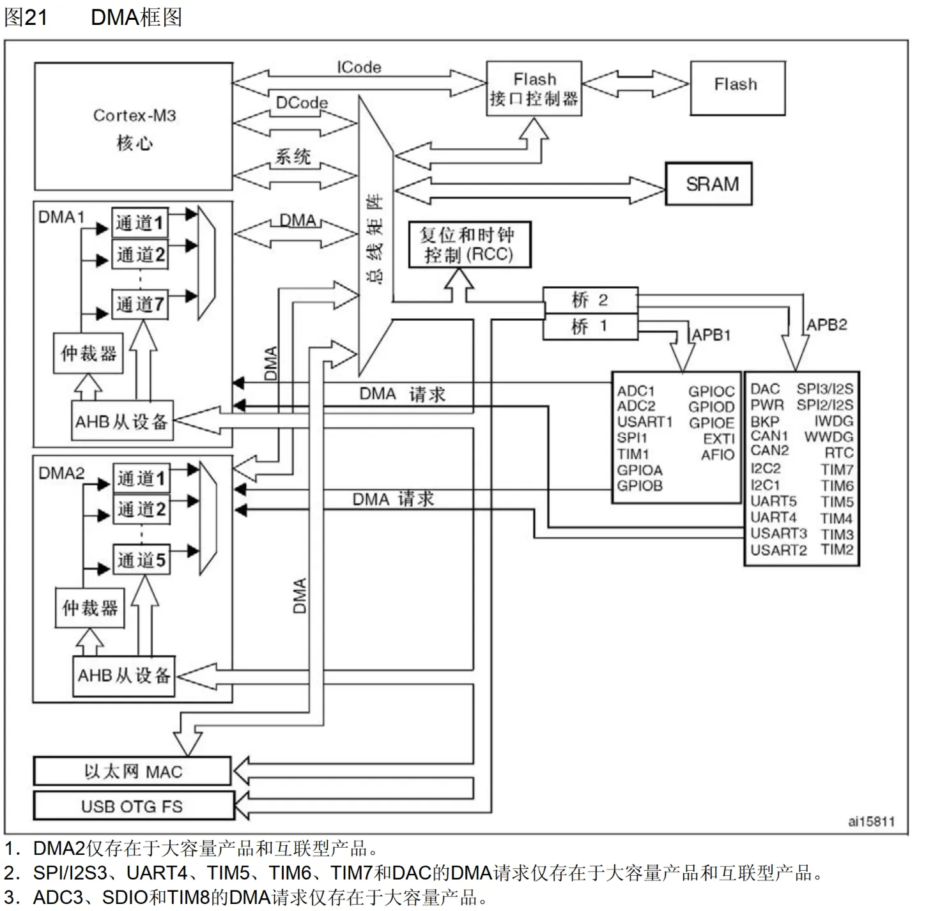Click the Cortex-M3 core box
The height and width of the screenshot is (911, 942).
click(x=133, y=126)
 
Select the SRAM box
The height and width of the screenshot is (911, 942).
click(x=709, y=184)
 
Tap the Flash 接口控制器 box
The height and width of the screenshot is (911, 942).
click(x=534, y=89)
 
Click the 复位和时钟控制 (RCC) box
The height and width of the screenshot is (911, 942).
click(x=470, y=244)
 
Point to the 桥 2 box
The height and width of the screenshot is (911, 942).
click(x=590, y=300)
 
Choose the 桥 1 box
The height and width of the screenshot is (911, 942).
click(x=590, y=326)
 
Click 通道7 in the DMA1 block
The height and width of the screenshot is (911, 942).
click(x=140, y=304)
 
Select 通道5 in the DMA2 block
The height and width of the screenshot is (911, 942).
click(x=141, y=560)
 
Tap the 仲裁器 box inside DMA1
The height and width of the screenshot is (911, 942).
click(x=88, y=353)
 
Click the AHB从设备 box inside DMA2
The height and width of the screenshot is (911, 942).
click(x=124, y=676)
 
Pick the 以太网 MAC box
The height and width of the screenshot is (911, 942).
click(x=132, y=771)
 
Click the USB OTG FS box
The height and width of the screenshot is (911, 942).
click(x=134, y=806)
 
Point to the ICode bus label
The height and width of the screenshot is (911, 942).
click(x=359, y=67)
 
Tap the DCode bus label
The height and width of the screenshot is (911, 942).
click(x=302, y=103)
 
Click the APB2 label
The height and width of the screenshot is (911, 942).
click(x=827, y=325)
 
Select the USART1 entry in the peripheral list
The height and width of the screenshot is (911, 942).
click(x=645, y=422)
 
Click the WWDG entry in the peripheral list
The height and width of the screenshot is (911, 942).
click(x=829, y=437)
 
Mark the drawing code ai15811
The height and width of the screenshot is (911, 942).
click(x=871, y=821)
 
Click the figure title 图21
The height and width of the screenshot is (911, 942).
click(x=26, y=17)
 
